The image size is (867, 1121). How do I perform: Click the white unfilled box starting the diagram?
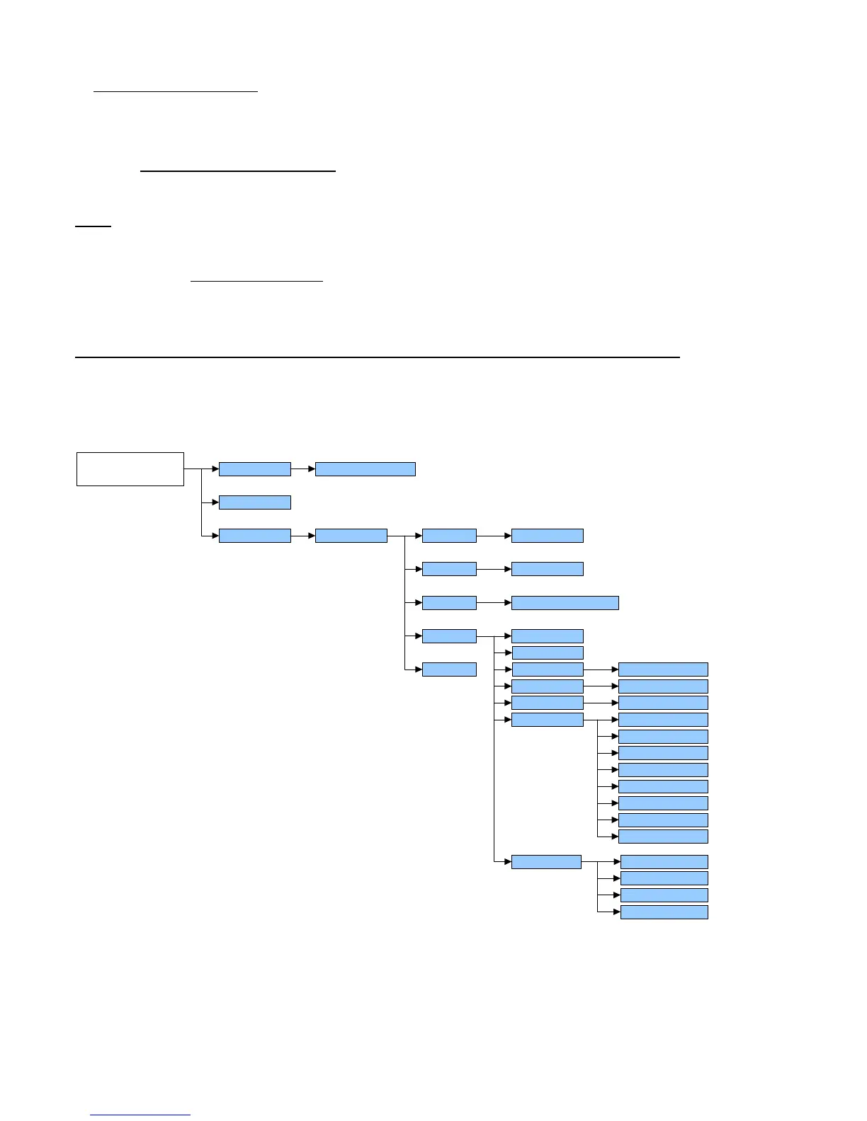pos(130,468)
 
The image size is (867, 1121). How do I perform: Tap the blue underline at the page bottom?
pos(141,1115)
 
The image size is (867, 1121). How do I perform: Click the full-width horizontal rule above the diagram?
pos(377,357)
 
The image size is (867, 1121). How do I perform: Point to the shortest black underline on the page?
pos(93,226)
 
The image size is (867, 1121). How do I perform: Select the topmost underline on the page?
pos(176,91)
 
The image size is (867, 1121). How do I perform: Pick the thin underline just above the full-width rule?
pos(256,282)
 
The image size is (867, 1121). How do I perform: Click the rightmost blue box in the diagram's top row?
pos(365,468)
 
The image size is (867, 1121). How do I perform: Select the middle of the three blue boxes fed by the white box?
pos(254,502)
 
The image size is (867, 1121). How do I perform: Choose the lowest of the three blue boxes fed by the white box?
pos(254,536)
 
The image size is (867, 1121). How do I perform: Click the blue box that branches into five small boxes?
pos(351,536)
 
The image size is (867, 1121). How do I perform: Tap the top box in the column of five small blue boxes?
pos(449,536)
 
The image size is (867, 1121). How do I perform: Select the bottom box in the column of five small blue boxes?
pos(449,669)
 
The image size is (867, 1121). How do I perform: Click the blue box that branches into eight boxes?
pos(547,720)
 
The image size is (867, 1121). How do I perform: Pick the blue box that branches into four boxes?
pos(546,862)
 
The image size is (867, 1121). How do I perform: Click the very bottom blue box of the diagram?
pos(664,912)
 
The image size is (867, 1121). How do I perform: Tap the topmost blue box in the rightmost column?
pos(663,669)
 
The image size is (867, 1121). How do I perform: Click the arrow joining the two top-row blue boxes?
pos(302,468)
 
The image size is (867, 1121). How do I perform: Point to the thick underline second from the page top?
pos(238,171)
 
